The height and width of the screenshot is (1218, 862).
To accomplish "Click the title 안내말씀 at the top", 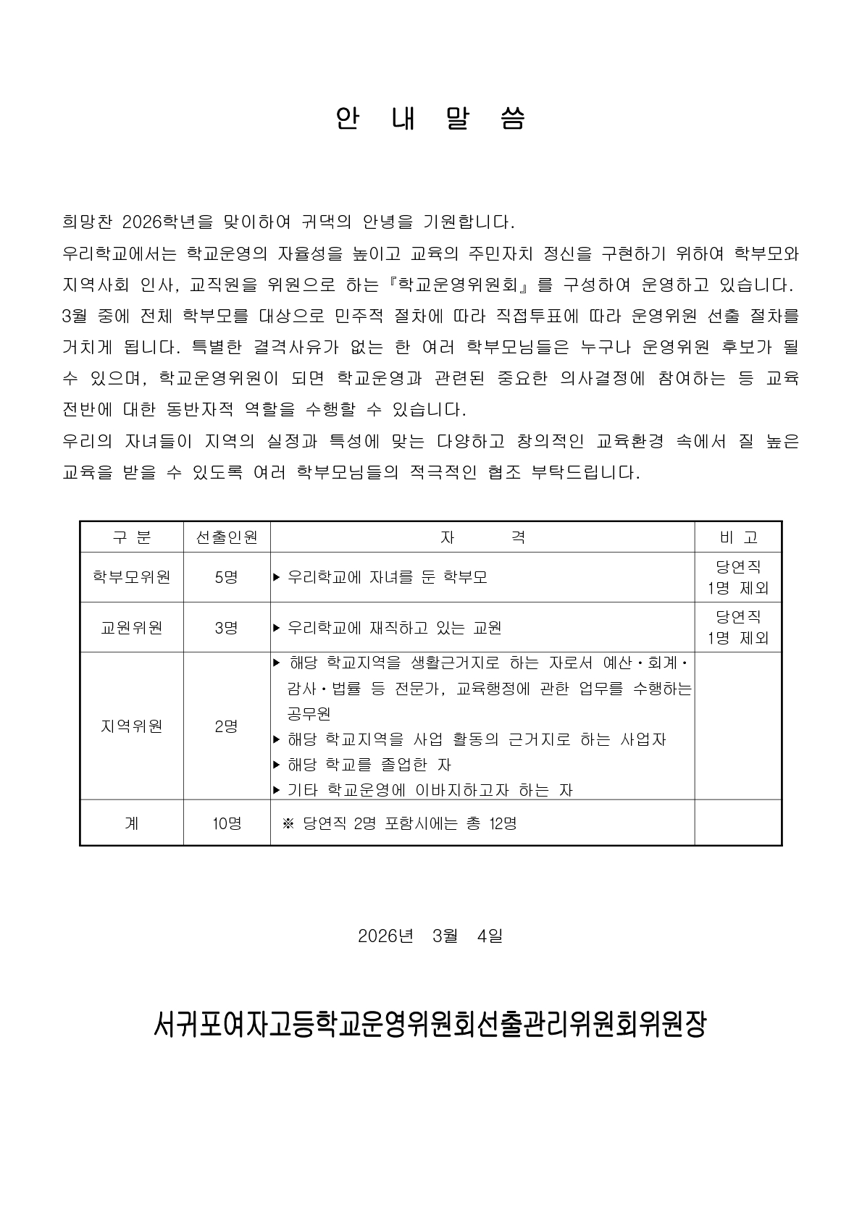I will pyautogui.click(x=430, y=119).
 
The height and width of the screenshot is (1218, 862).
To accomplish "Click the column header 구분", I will pyautogui.click(x=131, y=537).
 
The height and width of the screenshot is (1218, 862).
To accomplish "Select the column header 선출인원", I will pyautogui.click(x=227, y=537).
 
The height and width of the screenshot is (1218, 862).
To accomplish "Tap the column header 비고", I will pyautogui.click(x=738, y=537).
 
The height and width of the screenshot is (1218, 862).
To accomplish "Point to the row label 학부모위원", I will pyautogui.click(x=131, y=577).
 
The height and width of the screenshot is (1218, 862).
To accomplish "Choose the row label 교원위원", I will pyautogui.click(x=131, y=627).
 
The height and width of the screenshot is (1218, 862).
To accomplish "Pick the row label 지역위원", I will pyautogui.click(x=131, y=726).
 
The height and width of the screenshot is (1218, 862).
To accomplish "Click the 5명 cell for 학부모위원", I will pyautogui.click(x=227, y=577).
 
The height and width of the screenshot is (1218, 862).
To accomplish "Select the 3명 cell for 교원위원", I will pyautogui.click(x=227, y=627).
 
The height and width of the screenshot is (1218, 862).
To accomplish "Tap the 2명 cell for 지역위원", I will pyautogui.click(x=227, y=726).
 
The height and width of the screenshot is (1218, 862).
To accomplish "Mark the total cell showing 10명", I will pyautogui.click(x=227, y=823).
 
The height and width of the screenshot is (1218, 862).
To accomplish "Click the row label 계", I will pyautogui.click(x=131, y=823).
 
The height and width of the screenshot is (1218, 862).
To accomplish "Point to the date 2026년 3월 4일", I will pyautogui.click(x=430, y=936).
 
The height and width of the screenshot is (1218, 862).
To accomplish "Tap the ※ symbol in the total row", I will pyautogui.click(x=288, y=823).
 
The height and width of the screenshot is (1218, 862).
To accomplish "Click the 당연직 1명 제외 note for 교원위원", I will pyautogui.click(x=738, y=627).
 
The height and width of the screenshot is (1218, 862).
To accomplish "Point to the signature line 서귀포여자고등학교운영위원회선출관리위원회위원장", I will pyautogui.click(x=430, y=1024).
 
